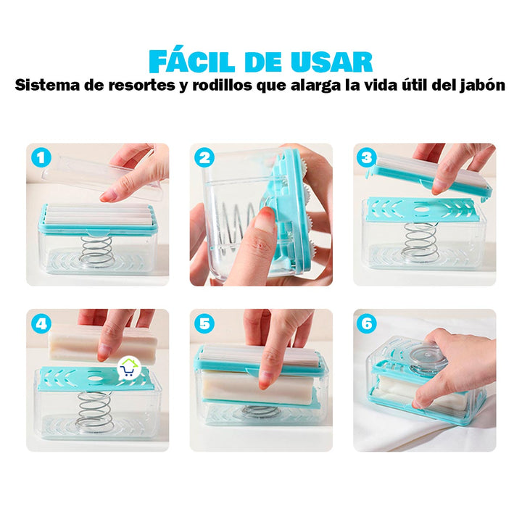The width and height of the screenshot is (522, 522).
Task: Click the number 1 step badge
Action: pos(41,157)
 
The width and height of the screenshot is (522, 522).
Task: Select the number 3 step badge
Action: pos(368,157)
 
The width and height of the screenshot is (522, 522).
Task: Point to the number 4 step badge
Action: pos(41,324)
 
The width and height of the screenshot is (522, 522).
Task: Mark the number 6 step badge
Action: pos(368,324)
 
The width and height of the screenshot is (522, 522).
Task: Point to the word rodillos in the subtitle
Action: pos(213,86)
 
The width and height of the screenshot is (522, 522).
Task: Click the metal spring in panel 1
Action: pos(98,249)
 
